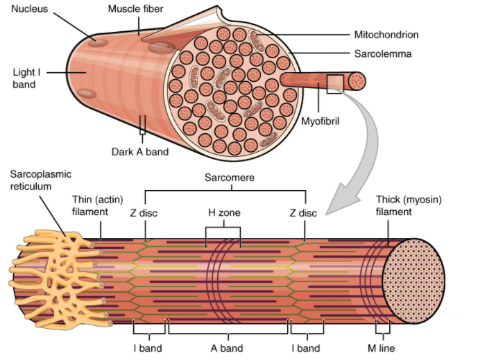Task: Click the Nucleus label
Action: click(30, 9)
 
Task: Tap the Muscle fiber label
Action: click(135, 9)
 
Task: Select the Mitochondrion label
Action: click(386, 35)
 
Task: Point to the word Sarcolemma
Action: click(383, 53)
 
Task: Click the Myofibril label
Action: click(321, 121)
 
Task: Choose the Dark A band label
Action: click(140, 152)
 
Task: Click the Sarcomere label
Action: click(230, 178)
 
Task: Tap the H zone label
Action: click(224, 212)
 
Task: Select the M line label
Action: click(381, 348)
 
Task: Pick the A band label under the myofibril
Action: click(227, 348)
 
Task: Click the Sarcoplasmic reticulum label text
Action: click(41, 180)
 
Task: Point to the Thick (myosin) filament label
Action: click(409, 205)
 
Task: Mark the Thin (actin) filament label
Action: click(98, 205)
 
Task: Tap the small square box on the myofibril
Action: click(335, 84)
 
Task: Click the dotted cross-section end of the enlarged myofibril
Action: click(413, 281)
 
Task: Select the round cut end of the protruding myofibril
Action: click(357, 81)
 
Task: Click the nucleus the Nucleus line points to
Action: click(98, 42)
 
